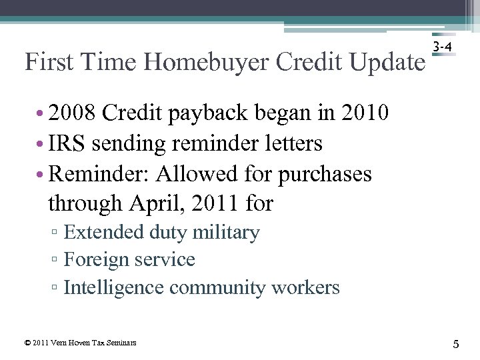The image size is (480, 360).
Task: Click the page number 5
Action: point(456,344)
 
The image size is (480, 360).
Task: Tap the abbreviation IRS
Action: point(70,143)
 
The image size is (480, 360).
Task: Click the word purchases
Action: point(325,175)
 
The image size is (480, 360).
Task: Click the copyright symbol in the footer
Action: point(27,343)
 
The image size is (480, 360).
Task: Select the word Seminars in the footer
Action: point(121,343)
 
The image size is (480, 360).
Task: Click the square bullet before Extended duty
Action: point(57,233)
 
